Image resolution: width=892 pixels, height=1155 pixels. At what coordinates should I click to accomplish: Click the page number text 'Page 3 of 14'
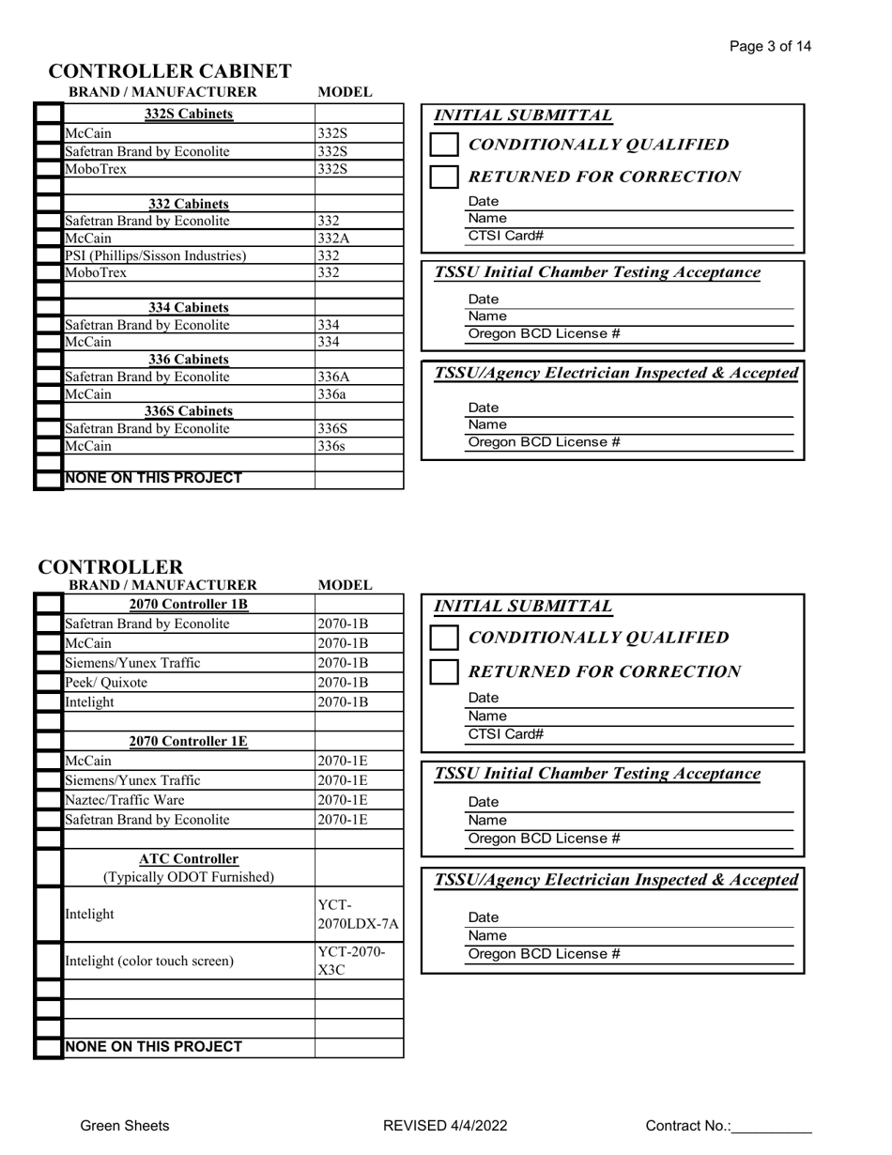[x=773, y=47]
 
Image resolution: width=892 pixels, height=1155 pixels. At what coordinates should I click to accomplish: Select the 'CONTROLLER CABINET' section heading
[x=170, y=71]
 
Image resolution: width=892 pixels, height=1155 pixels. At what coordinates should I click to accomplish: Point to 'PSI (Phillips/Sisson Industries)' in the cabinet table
[x=156, y=255]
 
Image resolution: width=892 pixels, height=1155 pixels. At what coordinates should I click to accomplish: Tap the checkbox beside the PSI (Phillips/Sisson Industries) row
[x=49, y=255]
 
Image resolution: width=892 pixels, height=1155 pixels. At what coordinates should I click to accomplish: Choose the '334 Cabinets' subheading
[x=189, y=307]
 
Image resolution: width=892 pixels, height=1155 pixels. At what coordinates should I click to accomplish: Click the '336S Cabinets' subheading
[x=189, y=411]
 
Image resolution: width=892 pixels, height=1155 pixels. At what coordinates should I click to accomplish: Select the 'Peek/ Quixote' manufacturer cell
[x=106, y=683]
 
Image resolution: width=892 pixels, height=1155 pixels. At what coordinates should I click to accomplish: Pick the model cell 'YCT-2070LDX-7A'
[x=359, y=915]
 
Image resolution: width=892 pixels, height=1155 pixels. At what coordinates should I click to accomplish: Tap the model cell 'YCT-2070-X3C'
[x=352, y=961]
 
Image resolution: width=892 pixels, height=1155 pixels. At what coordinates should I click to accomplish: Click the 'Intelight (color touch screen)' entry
[x=149, y=961]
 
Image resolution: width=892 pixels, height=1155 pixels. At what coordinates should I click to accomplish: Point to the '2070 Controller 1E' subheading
[x=189, y=741]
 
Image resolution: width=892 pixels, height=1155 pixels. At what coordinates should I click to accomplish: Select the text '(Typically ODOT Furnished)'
[x=189, y=877]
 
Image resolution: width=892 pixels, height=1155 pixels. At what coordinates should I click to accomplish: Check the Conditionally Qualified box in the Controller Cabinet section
[x=444, y=145]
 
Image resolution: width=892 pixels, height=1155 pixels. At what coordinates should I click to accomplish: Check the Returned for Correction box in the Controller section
[x=444, y=672]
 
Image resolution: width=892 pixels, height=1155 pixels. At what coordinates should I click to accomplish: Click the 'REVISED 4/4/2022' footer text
[x=446, y=1126]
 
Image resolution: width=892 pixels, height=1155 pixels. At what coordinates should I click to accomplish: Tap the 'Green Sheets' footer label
[x=125, y=1126]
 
